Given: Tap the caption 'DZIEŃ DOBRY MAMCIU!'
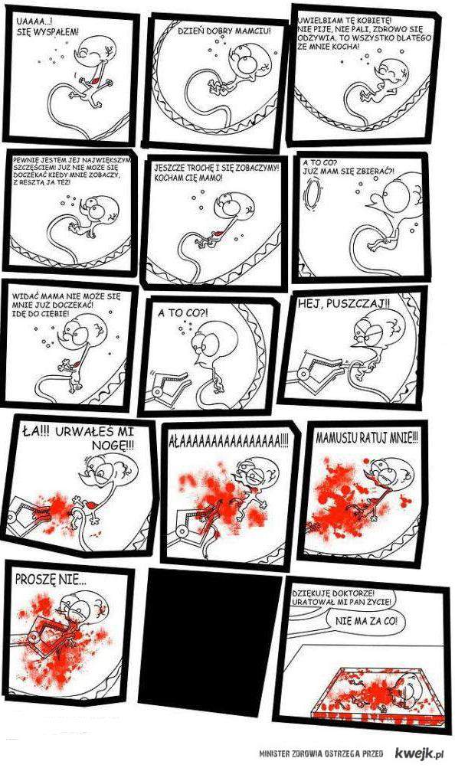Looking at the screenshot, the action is [x=224, y=31].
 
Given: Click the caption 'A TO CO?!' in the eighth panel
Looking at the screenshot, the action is [x=182, y=312].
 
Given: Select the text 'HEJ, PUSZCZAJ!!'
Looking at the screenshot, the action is [x=344, y=304].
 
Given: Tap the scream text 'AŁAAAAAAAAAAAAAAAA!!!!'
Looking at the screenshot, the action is [x=228, y=443].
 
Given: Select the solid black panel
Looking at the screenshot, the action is [x=211, y=639].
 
